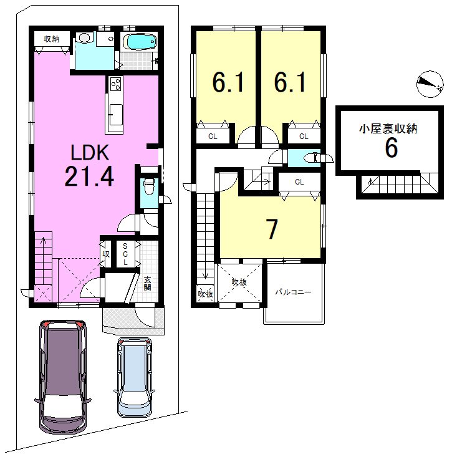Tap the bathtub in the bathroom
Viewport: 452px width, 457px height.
coord(139,42)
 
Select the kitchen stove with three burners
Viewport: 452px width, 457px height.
coord(115,84)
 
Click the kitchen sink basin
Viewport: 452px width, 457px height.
coord(116,115)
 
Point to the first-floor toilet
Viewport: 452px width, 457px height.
coord(150,186)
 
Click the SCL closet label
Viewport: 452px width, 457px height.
coord(125,254)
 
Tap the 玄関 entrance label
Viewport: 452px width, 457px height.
coord(147,284)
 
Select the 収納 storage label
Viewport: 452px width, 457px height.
coord(52,39)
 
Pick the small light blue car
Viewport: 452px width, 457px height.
coord(135,377)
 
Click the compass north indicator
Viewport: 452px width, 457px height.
coord(430,84)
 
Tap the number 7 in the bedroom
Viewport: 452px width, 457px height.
coord(272,229)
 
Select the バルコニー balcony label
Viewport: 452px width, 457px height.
coord(294,292)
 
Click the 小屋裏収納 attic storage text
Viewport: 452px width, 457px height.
coord(388,128)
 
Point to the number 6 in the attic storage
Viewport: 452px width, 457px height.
coord(391,148)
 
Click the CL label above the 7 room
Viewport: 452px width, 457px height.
coord(300,182)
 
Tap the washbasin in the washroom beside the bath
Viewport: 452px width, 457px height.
coord(84,38)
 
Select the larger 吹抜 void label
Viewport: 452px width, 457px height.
coord(239,282)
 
